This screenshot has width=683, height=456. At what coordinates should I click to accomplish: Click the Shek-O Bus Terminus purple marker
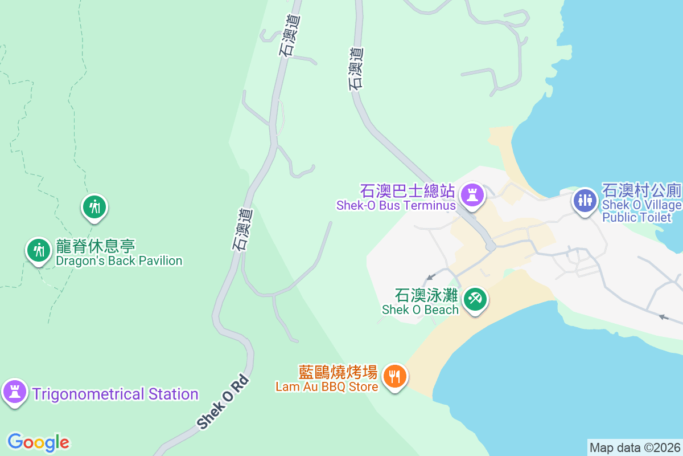click(x=472, y=194)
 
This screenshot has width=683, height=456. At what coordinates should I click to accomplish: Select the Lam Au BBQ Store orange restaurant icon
click(x=394, y=376)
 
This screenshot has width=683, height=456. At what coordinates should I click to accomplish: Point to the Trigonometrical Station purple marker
click(x=15, y=392)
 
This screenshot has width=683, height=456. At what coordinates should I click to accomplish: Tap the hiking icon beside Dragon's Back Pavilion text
click(x=39, y=250)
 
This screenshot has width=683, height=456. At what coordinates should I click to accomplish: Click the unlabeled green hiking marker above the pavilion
click(x=94, y=206)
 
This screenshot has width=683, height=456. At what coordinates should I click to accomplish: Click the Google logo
click(x=38, y=442)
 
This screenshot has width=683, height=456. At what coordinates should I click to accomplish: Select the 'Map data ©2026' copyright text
click(x=635, y=447)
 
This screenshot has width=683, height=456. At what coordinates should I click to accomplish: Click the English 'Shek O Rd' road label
click(x=223, y=402)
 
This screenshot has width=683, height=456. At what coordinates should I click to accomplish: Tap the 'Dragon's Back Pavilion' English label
click(x=119, y=261)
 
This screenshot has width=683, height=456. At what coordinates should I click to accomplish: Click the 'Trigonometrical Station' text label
click(x=115, y=394)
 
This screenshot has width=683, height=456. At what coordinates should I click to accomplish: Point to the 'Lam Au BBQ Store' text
click(x=327, y=387)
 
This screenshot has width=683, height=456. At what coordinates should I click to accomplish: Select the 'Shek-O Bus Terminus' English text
click(x=396, y=205)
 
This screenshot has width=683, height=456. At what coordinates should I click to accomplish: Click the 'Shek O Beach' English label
click(x=420, y=310)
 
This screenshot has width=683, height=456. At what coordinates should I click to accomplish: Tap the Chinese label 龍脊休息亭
click(x=96, y=247)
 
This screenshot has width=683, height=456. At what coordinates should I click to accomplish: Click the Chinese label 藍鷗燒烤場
click(x=338, y=373)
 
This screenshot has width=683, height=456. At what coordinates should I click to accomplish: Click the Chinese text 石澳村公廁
click(x=642, y=190)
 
